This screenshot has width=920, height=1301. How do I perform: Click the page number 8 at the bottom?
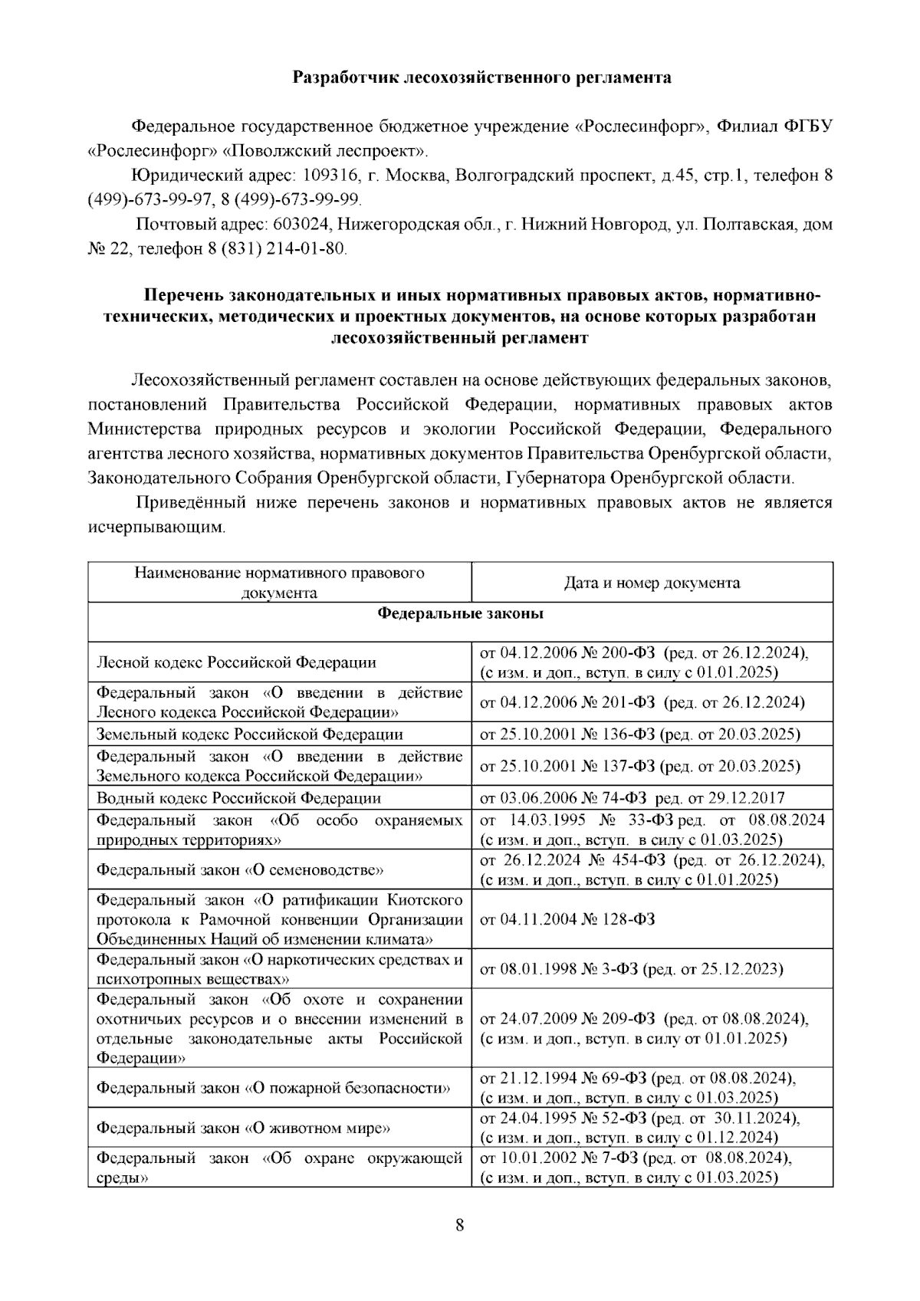click(x=460, y=1224)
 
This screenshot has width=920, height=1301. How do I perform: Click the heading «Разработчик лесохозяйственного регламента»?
click(x=483, y=77)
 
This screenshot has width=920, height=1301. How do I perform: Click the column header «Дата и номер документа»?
click(x=652, y=583)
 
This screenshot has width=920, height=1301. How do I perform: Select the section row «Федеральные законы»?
click(x=460, y=614)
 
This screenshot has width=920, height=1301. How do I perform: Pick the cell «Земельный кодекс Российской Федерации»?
click(x=249, y=734)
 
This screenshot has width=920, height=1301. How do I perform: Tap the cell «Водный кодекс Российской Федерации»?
click(x=238, y=798)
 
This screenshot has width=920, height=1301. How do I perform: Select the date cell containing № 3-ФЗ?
click(x=631, y=970)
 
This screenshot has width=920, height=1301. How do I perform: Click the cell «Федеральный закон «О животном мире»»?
click(x=244, y=1129)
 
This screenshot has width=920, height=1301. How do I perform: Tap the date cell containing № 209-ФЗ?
click(x=644, y=1029)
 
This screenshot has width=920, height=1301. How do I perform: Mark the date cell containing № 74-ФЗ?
click(x=632, y=798)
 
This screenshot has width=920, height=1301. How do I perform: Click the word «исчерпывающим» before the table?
click(x=156, y=528)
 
